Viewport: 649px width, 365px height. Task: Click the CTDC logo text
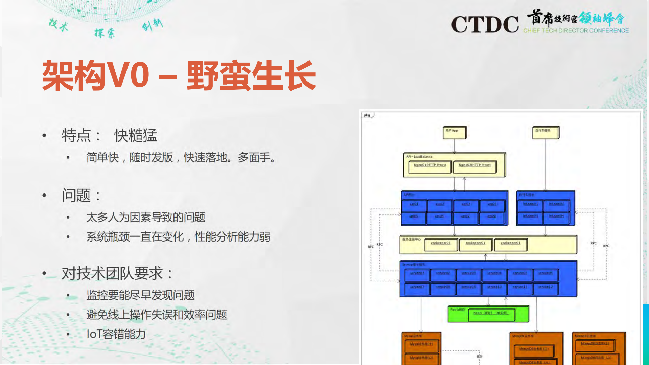pyautogui.click(x=485, y=24)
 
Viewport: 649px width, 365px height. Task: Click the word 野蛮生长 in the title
pyautogui.click(x=251, y=76)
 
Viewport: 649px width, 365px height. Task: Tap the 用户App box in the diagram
pyautogui.click(x=454, y=132)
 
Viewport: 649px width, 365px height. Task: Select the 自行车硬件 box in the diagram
pyautogui.click(x=545, y=132)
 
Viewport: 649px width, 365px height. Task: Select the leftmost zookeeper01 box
pyautogui.click(x=440, y=244)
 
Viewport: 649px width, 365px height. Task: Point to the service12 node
pyautogui.click(x=545, y=288)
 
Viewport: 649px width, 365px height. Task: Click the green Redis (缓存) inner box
pyautogui.click(x=491, y=314)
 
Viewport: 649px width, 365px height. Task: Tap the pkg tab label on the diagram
pyautogui.click(x=367, y=115)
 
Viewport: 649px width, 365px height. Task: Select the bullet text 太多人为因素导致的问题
pyautogui.click(x=146, y=217)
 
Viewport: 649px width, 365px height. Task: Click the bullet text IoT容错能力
pyautogui.click(x=116, y=334)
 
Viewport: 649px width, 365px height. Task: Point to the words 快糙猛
pyautogui.click(x=136, y=136)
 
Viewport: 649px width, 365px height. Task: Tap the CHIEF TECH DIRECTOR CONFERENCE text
pyautogui.click(x=576, y=31)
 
